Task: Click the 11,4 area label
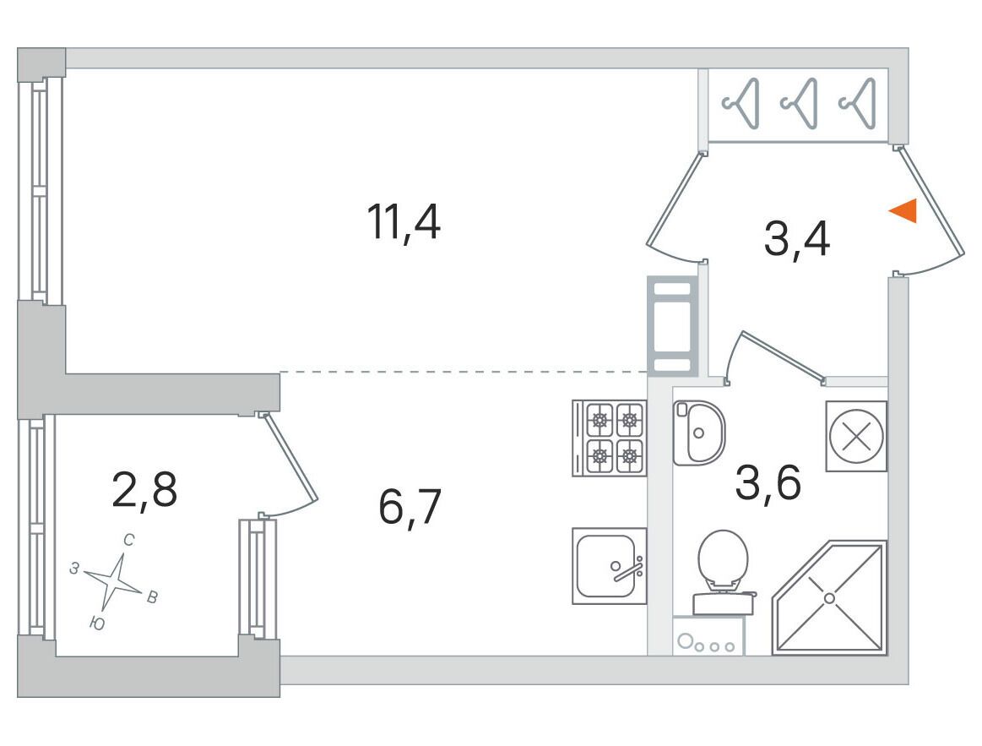pyautogui.click(x=404, y=222)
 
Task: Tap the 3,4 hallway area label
pyautogui.click(x=796, y=238)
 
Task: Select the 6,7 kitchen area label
pyautogui.click(x=410, y=507)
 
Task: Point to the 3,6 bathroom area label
pyautogui.click(x=768, y=482)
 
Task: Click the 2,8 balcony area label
pyautogui.click(x=144, y=490)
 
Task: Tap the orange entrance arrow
pyautogui.click(x=903, y=210)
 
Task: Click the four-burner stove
pyautogui.click(x=609, y=438)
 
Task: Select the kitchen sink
pyautogui.click(x=609, y=566)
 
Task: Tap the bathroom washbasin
pyautogui.click(x=698, y=433)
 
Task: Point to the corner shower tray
pyautogui.click(x=829, y=598)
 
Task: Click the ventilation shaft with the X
pyautogui.click(x=856, y=436)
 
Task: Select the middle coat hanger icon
pyautogui.click(x=800, y=103)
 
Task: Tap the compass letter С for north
pyautogui.click(x=129, y=540)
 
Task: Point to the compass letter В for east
pyautogui.click(x=152, y=597)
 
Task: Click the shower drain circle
pyautogui.click(x=829, y=598)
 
